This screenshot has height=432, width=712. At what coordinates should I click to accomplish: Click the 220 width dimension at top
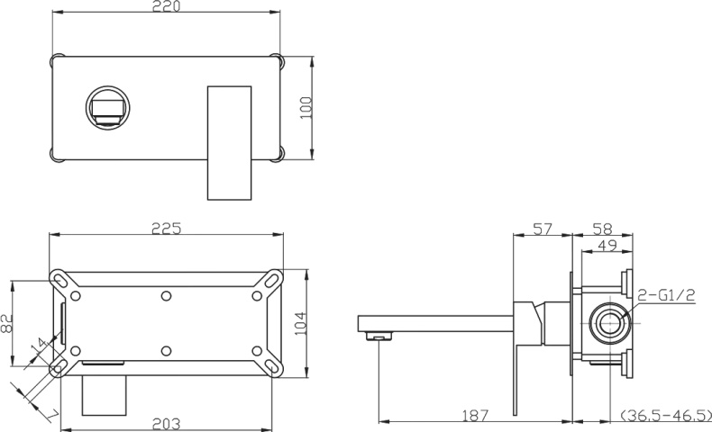pyautogui.click(x=166, y=7)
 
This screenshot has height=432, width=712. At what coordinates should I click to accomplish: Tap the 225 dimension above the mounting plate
pyautogui.click(x=166, y=229)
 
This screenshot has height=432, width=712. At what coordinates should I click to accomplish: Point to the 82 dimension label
pyautogui.click(x=8, y=323)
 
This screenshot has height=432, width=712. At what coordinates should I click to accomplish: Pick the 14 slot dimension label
pyautogui.click(x=37, y=346)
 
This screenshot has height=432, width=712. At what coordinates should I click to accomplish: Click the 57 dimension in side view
pyautogui.click(x=542, y=229)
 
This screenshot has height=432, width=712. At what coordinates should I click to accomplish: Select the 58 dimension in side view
pyautogui.click(x=603, y=229)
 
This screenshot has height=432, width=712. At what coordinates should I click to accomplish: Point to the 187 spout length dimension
pyautogui.click(x=474, y=415)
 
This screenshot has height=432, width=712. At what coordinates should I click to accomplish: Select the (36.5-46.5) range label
pyautogui.click(x=664, y=415)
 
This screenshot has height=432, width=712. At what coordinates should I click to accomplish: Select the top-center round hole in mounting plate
pyautogui.click(x=166, y=294)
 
